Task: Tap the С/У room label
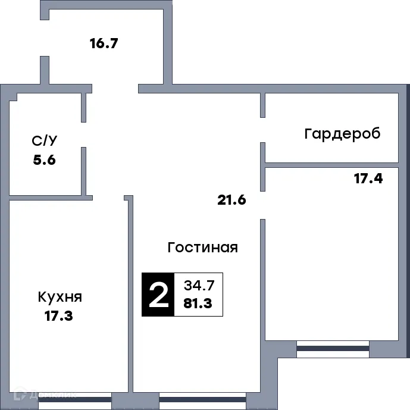click(x=45, y=141)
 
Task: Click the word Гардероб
click(x=342, y=133)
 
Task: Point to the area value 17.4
click(x=368, y=178)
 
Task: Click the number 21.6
click(x=231, y=199)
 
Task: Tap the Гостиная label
click(x=202, y=248)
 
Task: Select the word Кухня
click(x=60, y=297)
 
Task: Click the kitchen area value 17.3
click(x=58, y=316)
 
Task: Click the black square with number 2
click(x=158, y=294)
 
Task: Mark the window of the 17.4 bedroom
click(x=333, y=349)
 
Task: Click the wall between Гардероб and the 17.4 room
click(x=331, y=164)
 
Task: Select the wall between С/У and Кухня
click(x=48, y=197)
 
